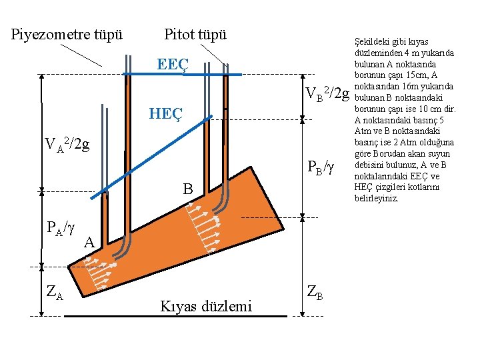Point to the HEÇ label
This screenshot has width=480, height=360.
tap(165, 114)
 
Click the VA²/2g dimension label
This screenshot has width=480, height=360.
tap(67, 143)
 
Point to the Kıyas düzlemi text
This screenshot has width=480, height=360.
tap(206, 306)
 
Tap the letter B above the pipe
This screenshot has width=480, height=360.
tap(189, 190)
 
